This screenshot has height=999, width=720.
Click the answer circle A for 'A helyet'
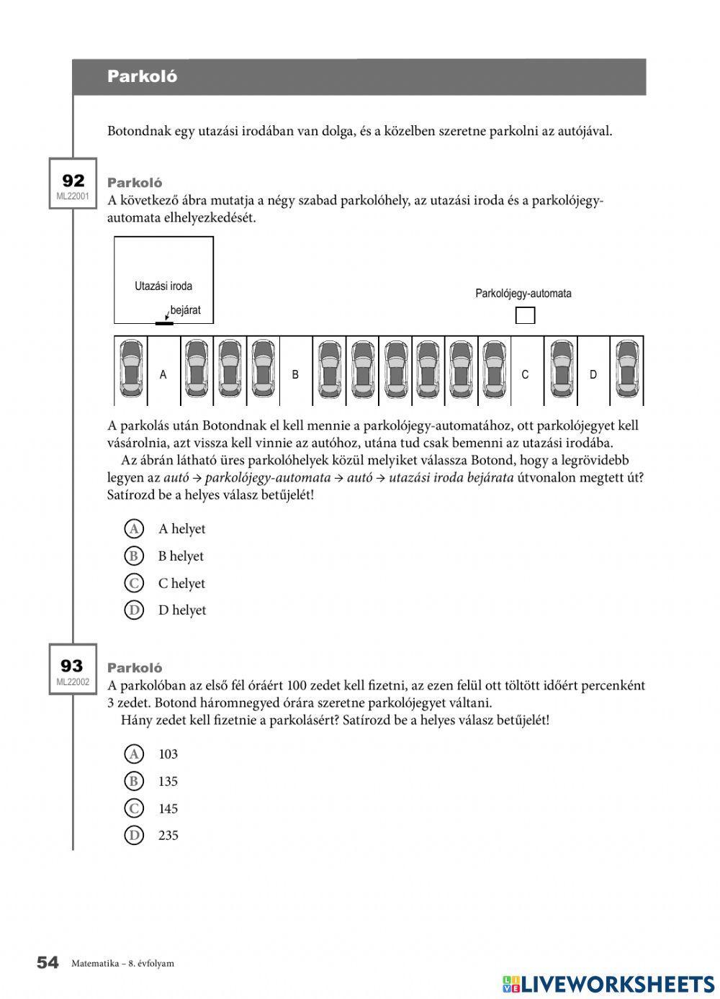pyautogui.click(x=134, y=529)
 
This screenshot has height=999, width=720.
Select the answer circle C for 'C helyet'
pyautogui.click(x=134, y=583)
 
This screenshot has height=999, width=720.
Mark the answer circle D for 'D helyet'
pyautogui.click(x=134, y=610)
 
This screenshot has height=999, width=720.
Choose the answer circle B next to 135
pyautogui.click(x=134, y=781)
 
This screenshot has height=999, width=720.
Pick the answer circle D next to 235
pyautogui.click(x=134, y=836)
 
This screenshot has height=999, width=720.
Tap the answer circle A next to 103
pyautogui.click(x=134, y=754)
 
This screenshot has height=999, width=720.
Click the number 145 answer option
pyautogui.click(x=168, y=809)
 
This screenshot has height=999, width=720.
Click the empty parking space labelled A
pyautogui.click(x=163, y=374)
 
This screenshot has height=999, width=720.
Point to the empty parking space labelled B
pyautogui.click(x=295, y=374)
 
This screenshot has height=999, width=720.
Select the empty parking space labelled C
pyautogui.click(x=525, y=374)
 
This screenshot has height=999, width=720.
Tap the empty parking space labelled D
pyautogui.click(x=593, y=374)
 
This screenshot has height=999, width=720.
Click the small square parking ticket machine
pyautogui.click(x=526, y=315)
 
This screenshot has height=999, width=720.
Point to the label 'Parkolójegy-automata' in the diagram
pyautogui.click(x=523, y=294)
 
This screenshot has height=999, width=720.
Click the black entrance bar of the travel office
pyautogui.click(x=164, y=323)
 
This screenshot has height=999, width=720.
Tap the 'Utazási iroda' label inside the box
pyautogui.click(x=163, y=286)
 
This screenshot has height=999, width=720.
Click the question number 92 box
pyautogui.click(x=73, y=184)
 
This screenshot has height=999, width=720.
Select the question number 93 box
pyautogui.click(x=73, y=669)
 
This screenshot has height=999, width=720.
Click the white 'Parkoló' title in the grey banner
pyautogui.click(x=142, y=77)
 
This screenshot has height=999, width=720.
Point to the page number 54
pyautogui.click(x=48, y=963)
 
